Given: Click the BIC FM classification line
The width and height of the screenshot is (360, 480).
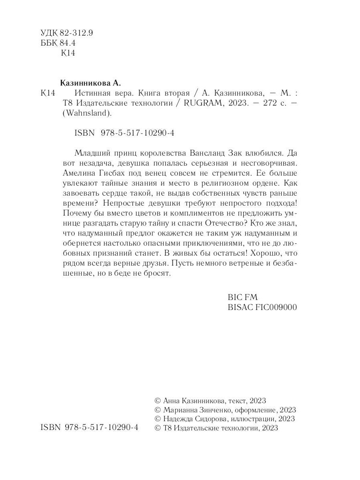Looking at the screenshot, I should [x=242, y=298].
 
